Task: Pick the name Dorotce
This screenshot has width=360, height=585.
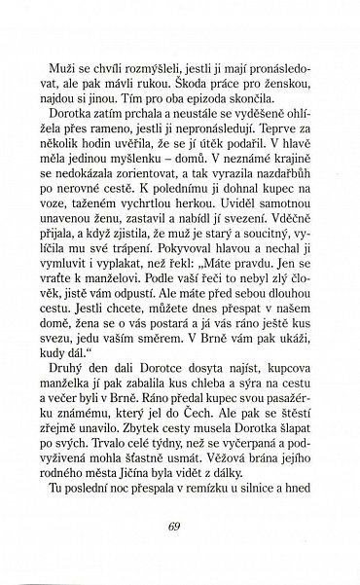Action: click(151, 424)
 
